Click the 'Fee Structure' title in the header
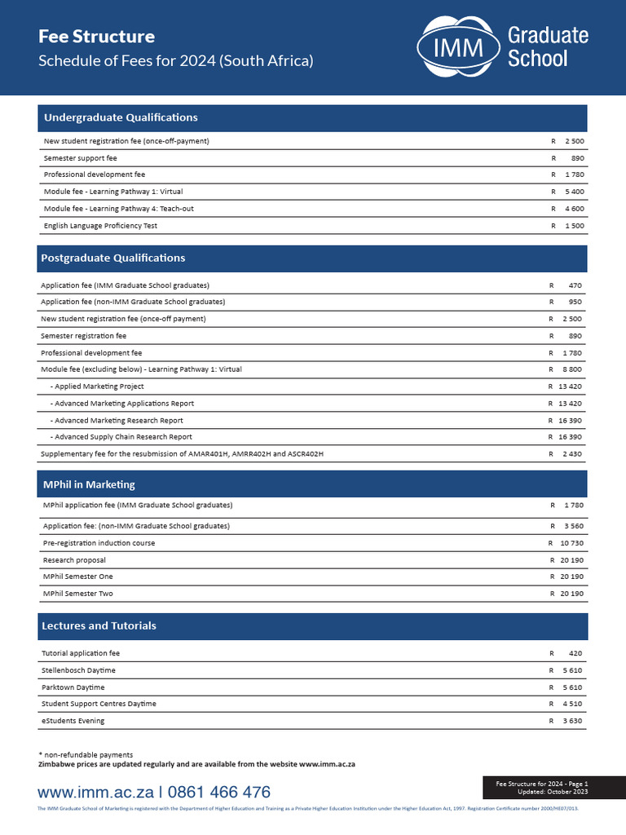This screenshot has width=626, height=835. (x=97, y=37)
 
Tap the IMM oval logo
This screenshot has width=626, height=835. (x=459, y=48)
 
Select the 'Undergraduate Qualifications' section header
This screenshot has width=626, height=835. (x=121, y=117)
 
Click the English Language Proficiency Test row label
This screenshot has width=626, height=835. (x=100, y=226)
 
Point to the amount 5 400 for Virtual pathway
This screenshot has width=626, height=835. (x=574, y=192)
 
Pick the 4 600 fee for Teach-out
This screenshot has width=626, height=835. (x=574, y=209)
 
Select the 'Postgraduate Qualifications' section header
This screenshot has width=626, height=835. (x=113, y=258)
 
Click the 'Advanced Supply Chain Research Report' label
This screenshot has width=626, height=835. (x=123, y=437)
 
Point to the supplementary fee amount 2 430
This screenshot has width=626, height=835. (x=571, y=454)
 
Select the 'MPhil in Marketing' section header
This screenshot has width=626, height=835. (x=89, y=484)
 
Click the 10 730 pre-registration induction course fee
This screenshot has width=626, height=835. (x=571, y=543)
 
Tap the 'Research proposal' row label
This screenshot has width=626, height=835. (x=74, y=560)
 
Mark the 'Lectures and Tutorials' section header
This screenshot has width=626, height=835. (x=99, y=625)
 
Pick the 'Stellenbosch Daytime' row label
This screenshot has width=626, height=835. (x=78, y=670)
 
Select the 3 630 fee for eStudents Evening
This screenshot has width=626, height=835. (x=572, y=721)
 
